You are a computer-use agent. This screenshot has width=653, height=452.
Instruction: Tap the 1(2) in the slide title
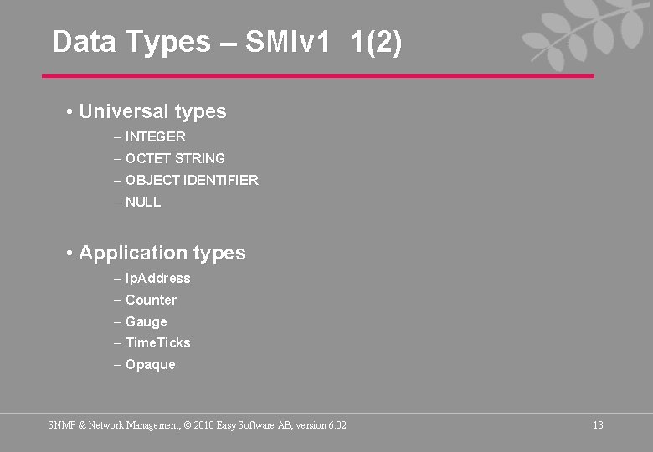point(378,42)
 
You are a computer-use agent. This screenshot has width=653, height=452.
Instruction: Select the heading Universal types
point(152,111)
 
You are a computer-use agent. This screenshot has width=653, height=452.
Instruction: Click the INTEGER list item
point(155,136)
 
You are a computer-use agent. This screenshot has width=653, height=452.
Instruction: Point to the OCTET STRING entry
point(175,158)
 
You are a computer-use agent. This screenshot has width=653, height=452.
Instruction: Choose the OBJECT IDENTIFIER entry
point(192,180)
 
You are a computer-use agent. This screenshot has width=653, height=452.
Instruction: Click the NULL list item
point(143,202)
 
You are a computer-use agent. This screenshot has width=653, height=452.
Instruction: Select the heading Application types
point(162,253)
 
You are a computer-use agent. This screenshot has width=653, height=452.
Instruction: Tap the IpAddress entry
point(157,278)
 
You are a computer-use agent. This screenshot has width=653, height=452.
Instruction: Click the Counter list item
point(151,300)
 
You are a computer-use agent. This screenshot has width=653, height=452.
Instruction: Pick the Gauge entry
point(146,321)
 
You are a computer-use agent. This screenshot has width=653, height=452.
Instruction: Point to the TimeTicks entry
point(157,342)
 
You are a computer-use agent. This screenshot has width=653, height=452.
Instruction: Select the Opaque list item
point(150,364)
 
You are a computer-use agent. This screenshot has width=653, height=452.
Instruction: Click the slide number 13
point(598,425)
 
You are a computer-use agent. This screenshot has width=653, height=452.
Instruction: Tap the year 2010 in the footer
point(203,425)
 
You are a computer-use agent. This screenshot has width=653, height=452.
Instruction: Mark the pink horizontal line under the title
point(318,76)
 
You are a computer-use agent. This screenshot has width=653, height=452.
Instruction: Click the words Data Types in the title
point(131,42)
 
